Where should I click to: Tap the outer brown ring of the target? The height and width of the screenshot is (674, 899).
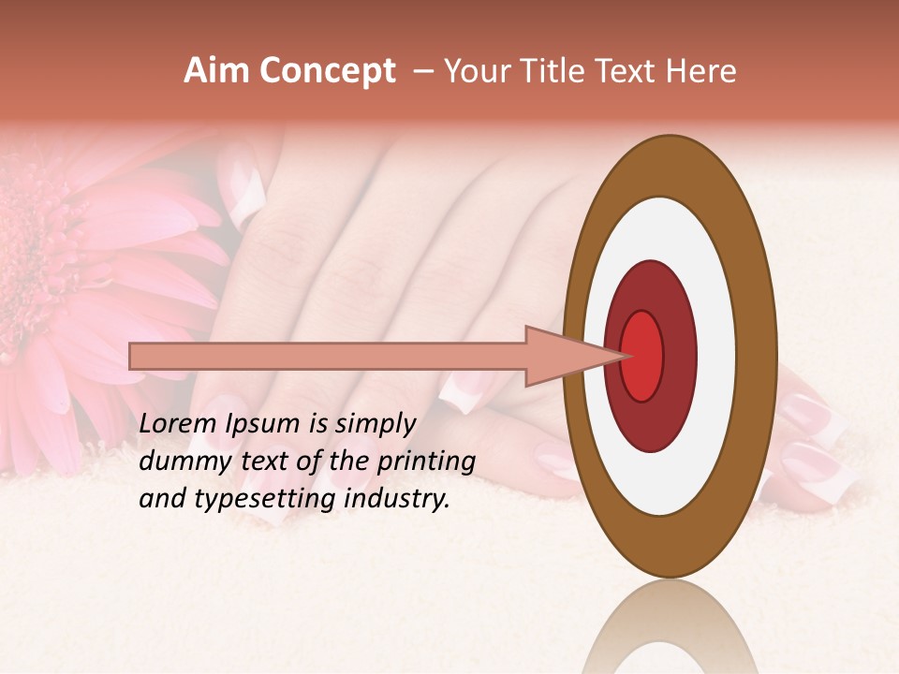click(x=760, y=356)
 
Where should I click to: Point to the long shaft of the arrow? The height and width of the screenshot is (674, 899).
click(x=328, y=356)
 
